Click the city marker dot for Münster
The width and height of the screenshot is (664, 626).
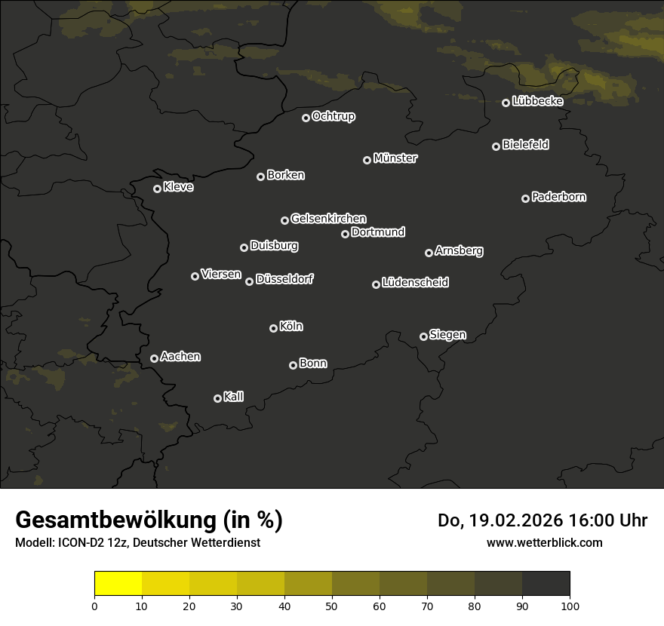[367, 160]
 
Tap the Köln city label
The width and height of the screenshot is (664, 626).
[291, 327]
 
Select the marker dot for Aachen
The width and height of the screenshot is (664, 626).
[155, 358]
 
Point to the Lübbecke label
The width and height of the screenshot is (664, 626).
[537, 101]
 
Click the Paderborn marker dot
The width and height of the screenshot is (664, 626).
[526, 198]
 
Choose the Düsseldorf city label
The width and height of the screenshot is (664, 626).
[284, 279]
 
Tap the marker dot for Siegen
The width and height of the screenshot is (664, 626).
[424, 336]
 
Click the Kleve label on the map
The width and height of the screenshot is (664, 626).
[178, 187]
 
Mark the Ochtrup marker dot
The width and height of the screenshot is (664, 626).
[306, 118]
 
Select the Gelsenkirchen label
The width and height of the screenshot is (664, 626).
[328, 219]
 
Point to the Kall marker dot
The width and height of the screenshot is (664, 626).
[217, 398]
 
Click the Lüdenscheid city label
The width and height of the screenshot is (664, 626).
[415, 283]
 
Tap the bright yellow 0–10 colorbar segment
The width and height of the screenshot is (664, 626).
[118, 584]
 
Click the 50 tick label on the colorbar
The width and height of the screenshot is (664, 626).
[332, 605]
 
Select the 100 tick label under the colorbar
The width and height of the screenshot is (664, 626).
[570, 605]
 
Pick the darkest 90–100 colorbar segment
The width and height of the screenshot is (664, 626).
[546, 584]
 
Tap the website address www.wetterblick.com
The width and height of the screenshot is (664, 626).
[544, 542]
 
